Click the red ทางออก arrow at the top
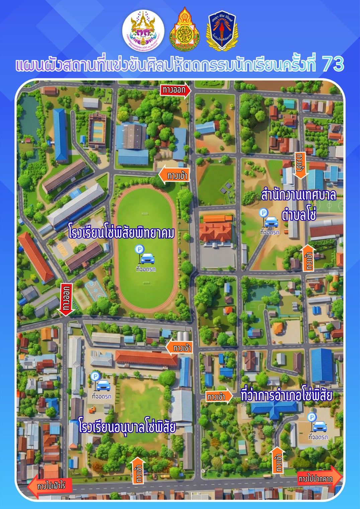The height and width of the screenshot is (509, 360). point(176,90)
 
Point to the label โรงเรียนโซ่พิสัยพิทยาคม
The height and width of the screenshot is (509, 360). point(121,231)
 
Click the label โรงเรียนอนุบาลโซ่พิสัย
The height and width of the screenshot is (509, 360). point(127,426)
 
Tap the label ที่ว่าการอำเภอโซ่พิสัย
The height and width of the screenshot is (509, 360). point(286,396)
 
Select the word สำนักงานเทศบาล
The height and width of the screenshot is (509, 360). point(298,195)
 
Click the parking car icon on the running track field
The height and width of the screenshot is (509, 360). point(147,258)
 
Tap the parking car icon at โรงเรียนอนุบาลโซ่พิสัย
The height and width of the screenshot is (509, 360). point(103,385)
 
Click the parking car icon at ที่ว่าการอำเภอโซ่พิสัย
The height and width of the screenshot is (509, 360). point(320,426)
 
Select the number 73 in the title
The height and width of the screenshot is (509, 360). point(333,64)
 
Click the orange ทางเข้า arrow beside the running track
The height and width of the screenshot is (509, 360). point(174,175)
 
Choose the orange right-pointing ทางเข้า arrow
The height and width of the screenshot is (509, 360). point(219,397)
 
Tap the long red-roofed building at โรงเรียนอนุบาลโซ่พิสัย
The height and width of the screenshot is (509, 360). point(146,359)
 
